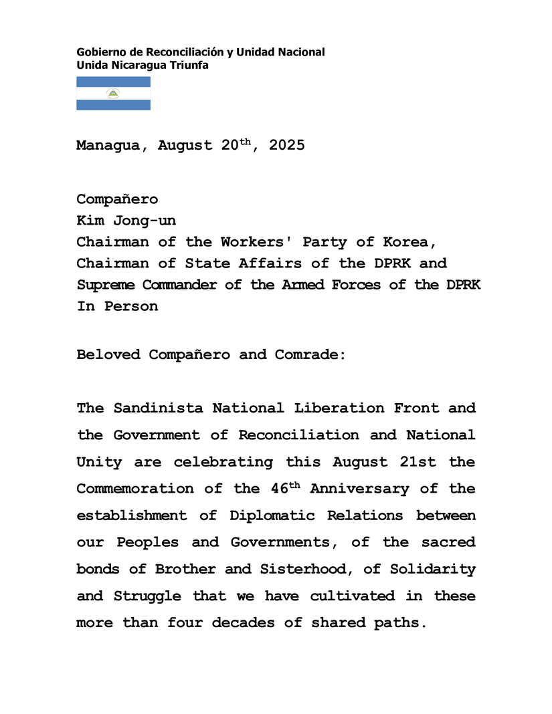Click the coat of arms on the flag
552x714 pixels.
[x=113, y=94]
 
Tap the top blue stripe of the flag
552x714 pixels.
[x=113, y=82]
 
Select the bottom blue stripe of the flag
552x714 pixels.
[x=113, y=105]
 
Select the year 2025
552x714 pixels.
[x=287, y=146]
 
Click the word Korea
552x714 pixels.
[x=407, y=242]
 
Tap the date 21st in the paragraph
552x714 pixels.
[x=417, y=461]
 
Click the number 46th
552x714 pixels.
[x=285, y=488]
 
